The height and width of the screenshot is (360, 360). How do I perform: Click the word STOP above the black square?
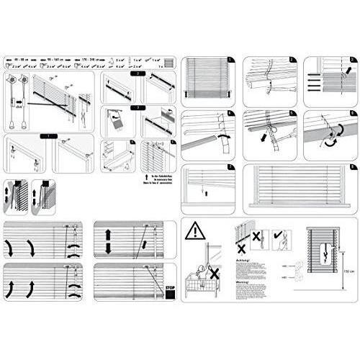(x=170, y=287)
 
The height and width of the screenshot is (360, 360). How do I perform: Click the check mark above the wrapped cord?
(x=276, y=235)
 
